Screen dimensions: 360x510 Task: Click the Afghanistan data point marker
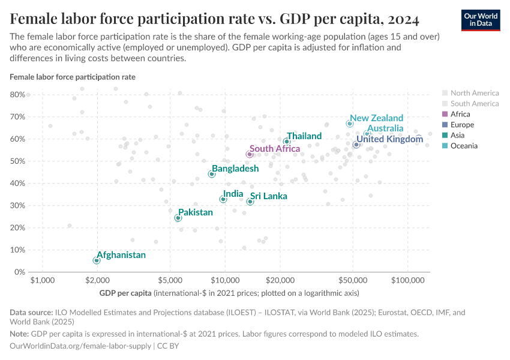tap(97, 260)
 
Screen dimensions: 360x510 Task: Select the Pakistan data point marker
tap(178, 218)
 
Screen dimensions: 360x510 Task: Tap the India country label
tap(233, 194)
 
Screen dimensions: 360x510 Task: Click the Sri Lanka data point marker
tap(250, 202)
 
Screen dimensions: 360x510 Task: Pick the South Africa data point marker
tap(250, 154)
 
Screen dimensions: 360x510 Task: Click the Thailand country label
tap(304, 136)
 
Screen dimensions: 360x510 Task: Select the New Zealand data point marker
tap(350, 124)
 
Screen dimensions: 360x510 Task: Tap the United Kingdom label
tap(389, 139)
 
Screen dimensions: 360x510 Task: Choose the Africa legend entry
tap(460, 114)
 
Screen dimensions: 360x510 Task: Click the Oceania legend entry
tap(464, 146)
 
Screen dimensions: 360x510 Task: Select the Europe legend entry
tap(462, 125)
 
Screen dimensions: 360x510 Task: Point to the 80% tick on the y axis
tap(16, 95)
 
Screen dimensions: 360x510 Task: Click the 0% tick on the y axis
tap(19, 272)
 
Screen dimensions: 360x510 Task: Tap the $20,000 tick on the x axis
tap(280, 281)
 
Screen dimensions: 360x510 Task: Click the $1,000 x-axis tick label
tap(42, 281)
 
